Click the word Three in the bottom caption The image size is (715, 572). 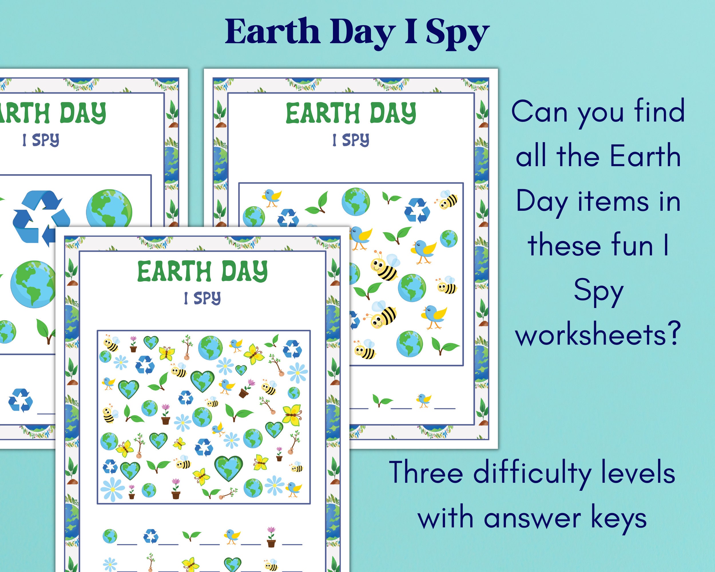426,472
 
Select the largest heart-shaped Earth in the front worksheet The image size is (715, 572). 229,467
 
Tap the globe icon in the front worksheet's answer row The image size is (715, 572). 110,536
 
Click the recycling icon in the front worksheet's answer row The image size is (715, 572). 151,536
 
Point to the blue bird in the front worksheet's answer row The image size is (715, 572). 232,536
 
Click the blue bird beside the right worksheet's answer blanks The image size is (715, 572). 424,400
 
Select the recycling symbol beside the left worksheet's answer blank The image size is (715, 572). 21,400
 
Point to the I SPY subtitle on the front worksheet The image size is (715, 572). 202,298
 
